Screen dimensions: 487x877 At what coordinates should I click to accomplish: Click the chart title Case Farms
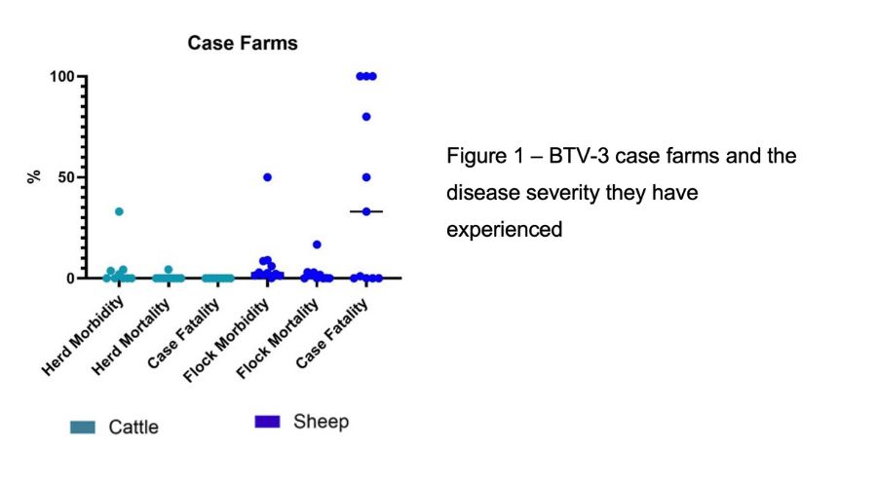[243, 44]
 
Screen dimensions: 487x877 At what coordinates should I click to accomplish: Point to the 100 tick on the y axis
[62, 76]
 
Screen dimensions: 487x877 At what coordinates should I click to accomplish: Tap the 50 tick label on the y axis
[66, 177]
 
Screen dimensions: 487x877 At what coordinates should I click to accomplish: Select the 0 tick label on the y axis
[70, 279]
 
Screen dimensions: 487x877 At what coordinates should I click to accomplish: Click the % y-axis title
[34, 177]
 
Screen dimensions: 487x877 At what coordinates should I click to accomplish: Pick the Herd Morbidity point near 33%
[119, 211]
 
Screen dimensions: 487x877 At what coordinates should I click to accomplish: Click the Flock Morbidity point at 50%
[267, 177]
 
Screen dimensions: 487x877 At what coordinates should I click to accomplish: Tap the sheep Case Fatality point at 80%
[366, 117]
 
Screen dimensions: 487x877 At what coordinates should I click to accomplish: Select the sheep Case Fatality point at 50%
[366, 177]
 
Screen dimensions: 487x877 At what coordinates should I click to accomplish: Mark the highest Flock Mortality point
[317, 244]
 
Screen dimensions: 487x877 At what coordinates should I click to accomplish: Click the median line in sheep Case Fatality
[366, 211]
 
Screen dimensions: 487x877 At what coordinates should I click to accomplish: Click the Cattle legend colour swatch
[83, 428]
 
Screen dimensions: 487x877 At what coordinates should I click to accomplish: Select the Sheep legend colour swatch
[267, 421]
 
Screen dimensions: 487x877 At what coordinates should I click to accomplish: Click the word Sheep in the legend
[321, 422]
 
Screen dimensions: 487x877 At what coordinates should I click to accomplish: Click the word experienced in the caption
[505, 230]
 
